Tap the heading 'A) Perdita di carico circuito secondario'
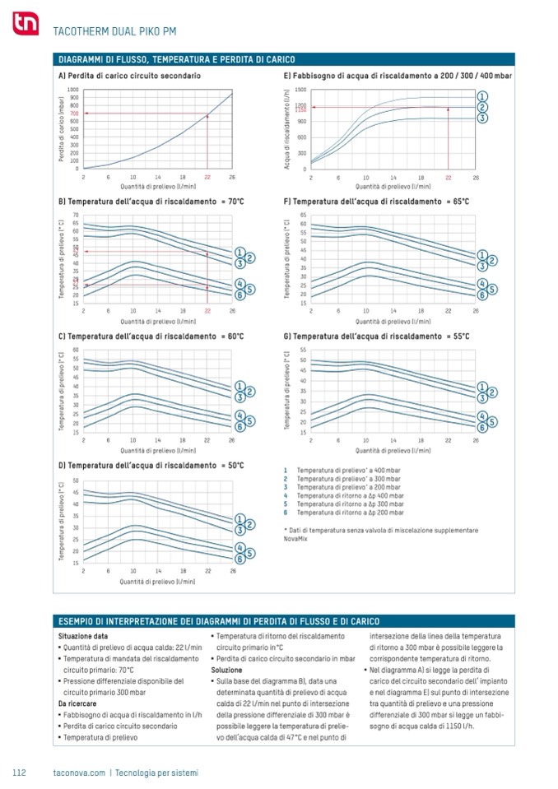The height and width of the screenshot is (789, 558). (x=129, y=76)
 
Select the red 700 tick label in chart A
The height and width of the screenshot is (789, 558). (x=73, y=113)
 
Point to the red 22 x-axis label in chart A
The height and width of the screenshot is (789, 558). (x=207, y=177)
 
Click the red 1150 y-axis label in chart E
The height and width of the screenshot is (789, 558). (x=300, y=109)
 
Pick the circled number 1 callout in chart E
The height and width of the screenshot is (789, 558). (x=483, y=96)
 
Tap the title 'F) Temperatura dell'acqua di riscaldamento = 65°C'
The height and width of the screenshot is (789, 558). (x=376, y=202)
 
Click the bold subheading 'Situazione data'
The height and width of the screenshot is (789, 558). (x=82, y=636)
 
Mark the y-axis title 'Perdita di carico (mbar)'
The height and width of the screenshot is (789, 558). (x=62, y=129)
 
